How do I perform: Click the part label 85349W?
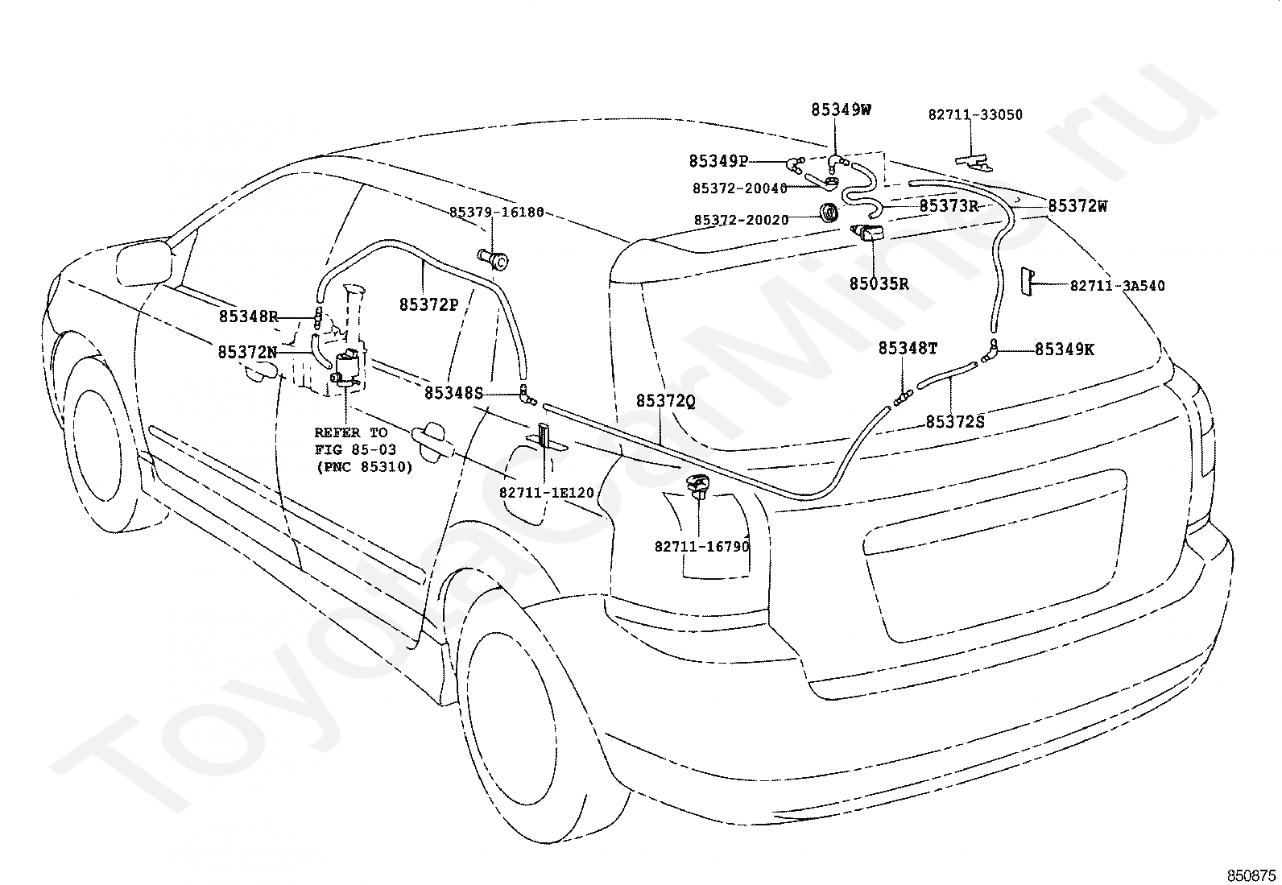point(841,110)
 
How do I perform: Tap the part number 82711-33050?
point(975,114)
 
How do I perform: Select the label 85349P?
point(719,161)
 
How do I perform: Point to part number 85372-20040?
point(740,188)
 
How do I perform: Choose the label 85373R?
point(949,206)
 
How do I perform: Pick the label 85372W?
point(1077,206)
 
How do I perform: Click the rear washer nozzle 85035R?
point(867,234)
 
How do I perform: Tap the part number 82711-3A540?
point(1117,286)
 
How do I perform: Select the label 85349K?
point(1065,349)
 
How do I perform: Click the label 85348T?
point(908,348)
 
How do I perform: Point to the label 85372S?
point(955,422)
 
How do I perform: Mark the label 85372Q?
point(666,401)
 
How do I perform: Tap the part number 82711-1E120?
point(547,493)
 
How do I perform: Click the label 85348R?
point(248,316)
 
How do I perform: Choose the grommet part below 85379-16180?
point(493,259)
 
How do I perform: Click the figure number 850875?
point(1251,876)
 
